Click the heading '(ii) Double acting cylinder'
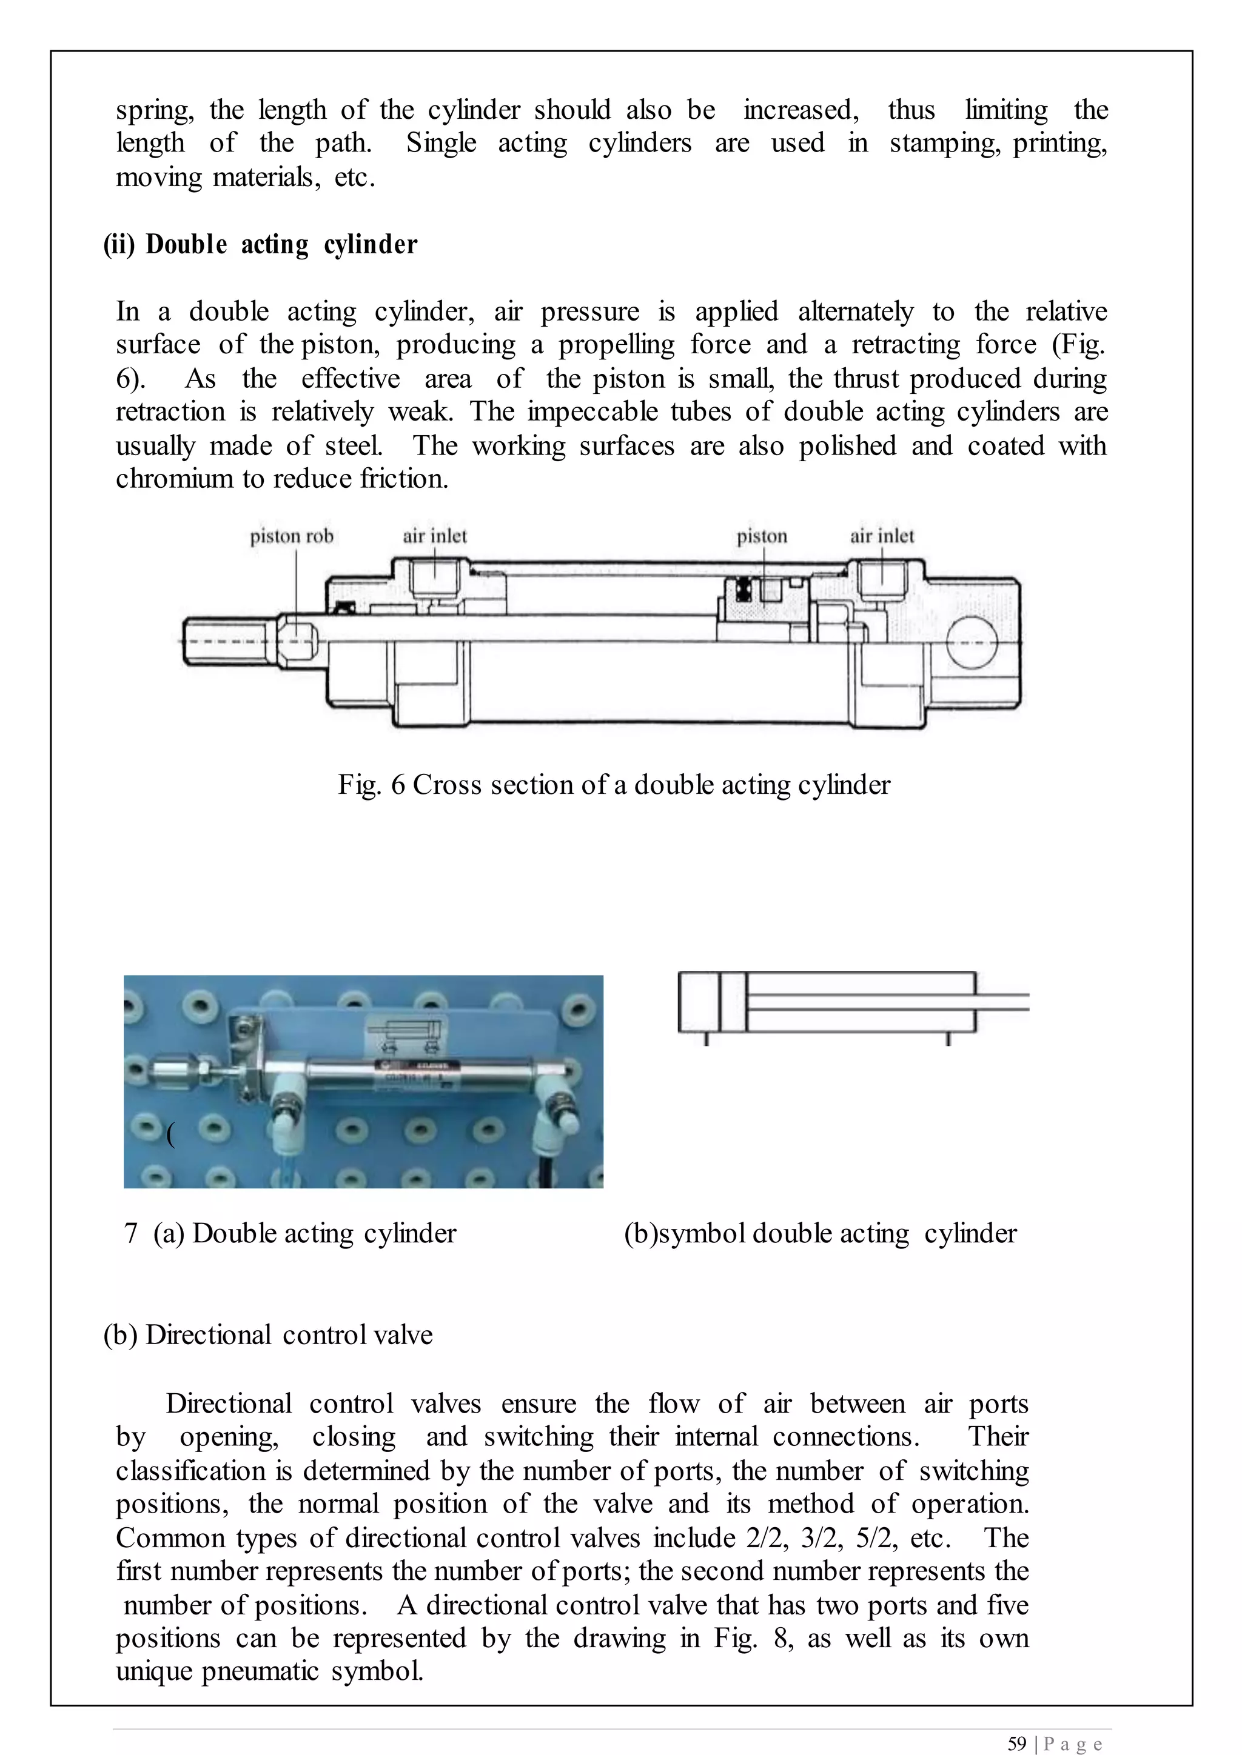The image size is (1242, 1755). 261,245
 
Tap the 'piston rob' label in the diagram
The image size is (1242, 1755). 292,536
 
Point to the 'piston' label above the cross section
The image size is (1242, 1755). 762,536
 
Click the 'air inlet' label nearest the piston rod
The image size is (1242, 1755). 434,536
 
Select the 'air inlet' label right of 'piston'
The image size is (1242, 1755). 882,536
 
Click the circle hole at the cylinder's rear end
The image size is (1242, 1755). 972,643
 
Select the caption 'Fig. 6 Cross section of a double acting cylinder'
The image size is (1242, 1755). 614,785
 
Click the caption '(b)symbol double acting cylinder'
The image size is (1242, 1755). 820,1233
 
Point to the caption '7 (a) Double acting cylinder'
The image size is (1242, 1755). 290,1233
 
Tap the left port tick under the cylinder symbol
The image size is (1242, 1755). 706,1039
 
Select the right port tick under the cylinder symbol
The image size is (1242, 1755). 948,1039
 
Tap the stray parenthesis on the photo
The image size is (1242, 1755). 170,1136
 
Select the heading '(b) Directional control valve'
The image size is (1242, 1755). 267,1334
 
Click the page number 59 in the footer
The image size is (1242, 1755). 1016,1743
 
